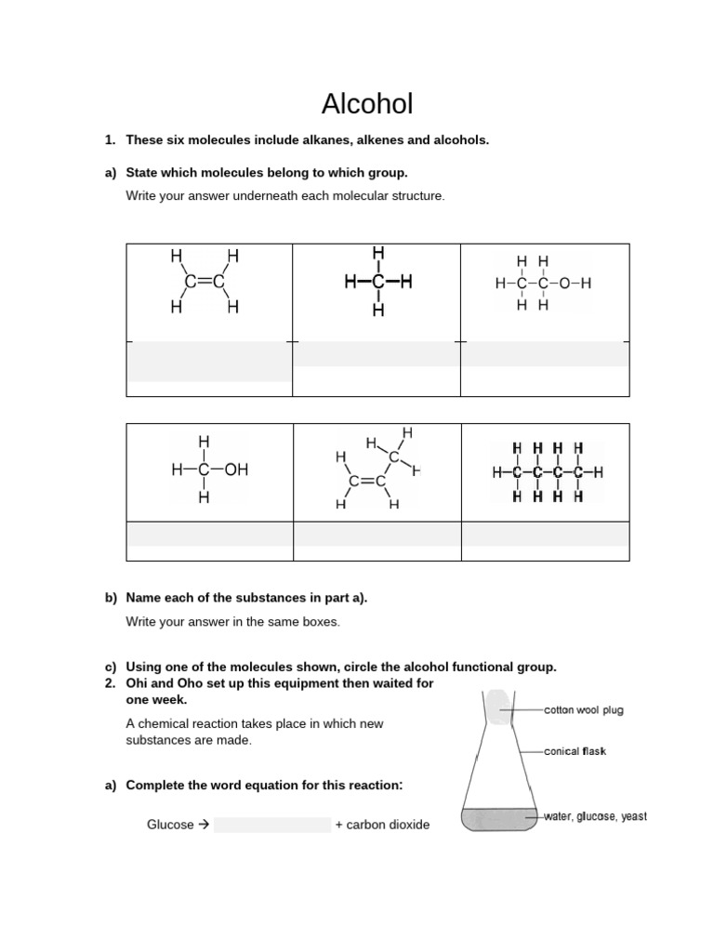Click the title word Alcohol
pos(366,103)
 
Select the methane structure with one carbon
pos(377,282)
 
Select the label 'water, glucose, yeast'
pos(595,816)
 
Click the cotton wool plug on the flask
pos(496,707)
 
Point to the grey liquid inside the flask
pos(499,819)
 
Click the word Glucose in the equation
pos(170,825)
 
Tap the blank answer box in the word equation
pos(271,825)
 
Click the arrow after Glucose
pos(204,825)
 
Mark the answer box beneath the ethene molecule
pos(209,363)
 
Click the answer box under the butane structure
pos(545,535)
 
